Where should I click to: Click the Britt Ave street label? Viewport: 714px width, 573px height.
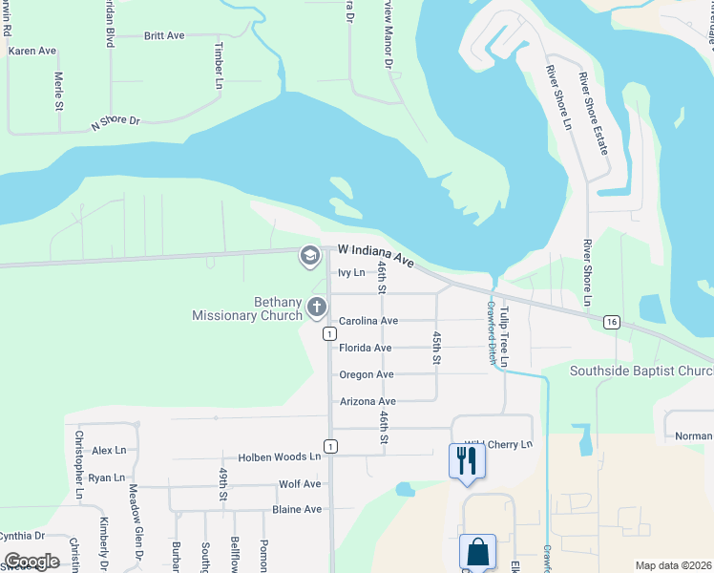pyautogui.click(x=164, y=35)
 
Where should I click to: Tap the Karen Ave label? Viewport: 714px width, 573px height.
pyautogui.click(x=32, y=51)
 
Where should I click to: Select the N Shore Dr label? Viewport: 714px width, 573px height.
pyautogui.click(x=115, y=123)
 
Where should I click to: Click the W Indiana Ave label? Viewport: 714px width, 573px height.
pyautogui.click(x=376, y=254)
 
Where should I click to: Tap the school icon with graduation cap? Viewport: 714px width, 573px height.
pyautogui.click(x=309, y=255)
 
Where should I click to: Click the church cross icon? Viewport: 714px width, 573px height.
pyautogui.click(x=317, y=308)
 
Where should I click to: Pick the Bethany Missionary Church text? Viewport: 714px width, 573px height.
pyautogui.click(x=246, y=308)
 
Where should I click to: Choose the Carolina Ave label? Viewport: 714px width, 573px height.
pyautogui.click(x=368, y=321)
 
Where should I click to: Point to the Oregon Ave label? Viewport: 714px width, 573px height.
pyautogui.click(x=366, y=374)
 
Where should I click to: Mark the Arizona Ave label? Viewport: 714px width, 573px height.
pyautogui.click(x=367, y=402)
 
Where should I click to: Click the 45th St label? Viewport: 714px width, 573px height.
pyautogui.click(x=435, y=348)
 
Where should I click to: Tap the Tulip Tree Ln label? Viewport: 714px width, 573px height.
pyautogui.click(x=505, y=332)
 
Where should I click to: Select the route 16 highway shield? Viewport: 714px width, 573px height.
pyautogui.click(x=611, y=323)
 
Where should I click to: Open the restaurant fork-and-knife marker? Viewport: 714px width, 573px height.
pyautogui.click(x=467, y=461)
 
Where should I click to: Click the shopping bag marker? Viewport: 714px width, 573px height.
pyautogui.click(x=477, y=552)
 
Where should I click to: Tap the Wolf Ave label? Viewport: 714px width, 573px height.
pyautogui.click(x=300, y=484)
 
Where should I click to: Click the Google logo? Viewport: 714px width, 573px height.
pyautogui.click(x=32, y=562)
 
